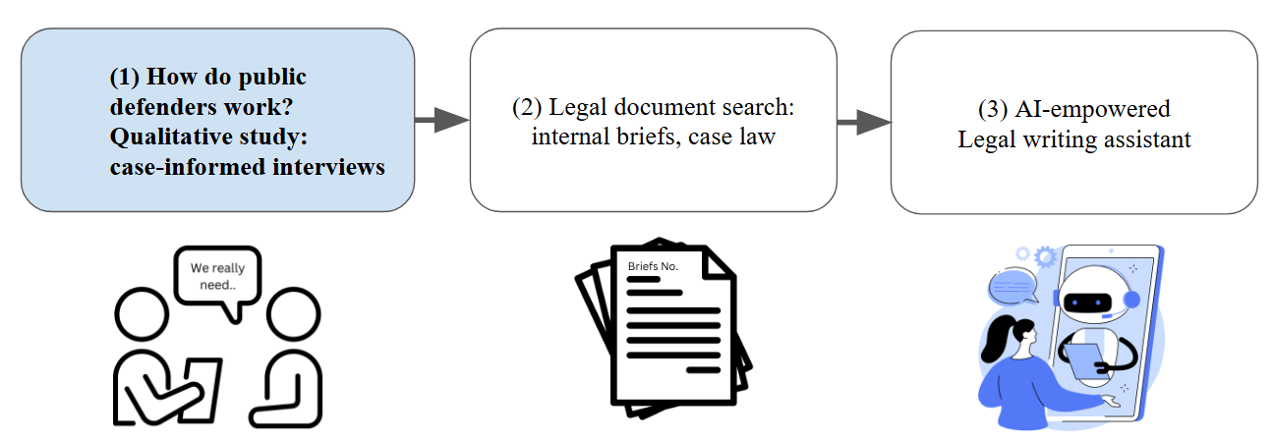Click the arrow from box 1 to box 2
tap(440, 120)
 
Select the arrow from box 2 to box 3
tap(863, 123)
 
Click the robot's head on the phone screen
tap(1091, 295)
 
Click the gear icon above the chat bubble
tap(1044, 257)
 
